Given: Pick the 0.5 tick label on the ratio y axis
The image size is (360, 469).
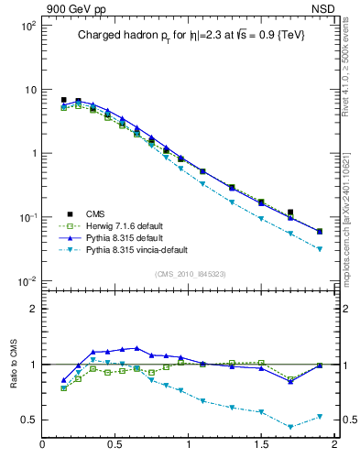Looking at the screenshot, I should click(x=27, y=420).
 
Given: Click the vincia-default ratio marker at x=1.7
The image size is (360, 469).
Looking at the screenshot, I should click(x=290, y=427).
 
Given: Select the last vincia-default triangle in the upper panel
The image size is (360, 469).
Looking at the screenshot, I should click(x=320, y=249).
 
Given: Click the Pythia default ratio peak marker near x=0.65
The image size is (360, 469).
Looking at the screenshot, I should click(x=136, y=348).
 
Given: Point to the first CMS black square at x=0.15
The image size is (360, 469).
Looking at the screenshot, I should click(x=63, y=100).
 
